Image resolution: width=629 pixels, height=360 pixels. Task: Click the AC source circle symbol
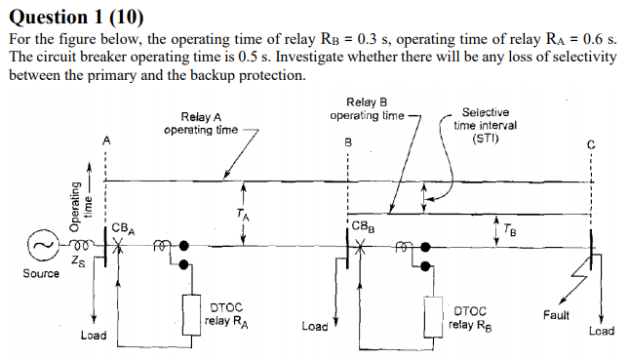[x=40, y=246]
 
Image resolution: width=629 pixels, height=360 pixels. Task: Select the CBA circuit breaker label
[x=122, y=228]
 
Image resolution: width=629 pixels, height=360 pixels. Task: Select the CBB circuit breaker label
[x=361, y=227]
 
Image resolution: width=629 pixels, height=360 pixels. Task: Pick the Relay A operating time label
[x=200, y=123]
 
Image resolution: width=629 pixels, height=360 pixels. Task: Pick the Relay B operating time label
[x=366, y=109]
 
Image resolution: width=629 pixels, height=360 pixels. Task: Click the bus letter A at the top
[x=106, y=142]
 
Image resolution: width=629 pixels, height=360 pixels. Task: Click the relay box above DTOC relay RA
[x=191, y=310]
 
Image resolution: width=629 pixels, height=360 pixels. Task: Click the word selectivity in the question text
[x=578, y=57]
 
